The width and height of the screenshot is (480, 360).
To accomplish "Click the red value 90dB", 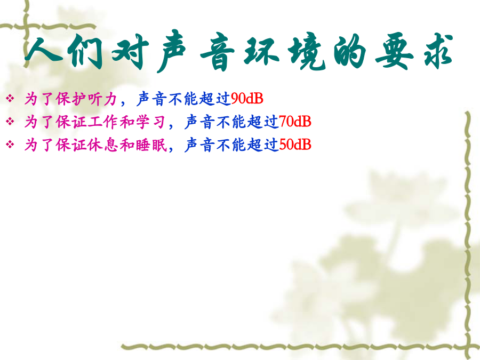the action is coord(247,98).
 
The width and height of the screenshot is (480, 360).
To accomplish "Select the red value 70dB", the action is coord(295,122).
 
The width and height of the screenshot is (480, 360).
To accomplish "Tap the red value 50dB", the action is coord(295,145).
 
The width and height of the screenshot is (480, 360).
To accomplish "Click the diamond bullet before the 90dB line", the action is coord(10,99).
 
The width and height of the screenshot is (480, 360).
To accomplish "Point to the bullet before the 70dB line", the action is coord(10,122).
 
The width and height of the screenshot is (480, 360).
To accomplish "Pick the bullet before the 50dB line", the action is coord(10,145).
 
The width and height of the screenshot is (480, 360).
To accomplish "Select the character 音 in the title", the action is coord(218,53).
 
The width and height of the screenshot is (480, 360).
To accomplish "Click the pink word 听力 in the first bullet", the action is coord(102,99).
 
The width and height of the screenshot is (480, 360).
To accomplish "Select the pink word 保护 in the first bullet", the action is coord(71,99).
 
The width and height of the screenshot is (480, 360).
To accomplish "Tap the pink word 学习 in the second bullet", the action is coord(150,122).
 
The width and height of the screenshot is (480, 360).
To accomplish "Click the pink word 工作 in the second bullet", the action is coord(103,122).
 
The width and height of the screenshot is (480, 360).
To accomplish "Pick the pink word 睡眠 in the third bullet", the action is coord(151,145).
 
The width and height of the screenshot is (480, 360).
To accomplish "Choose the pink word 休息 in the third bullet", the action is coord(103,145).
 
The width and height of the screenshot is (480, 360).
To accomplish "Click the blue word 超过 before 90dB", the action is coord(215,99).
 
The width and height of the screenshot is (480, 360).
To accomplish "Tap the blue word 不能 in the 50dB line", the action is coord(231,145).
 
